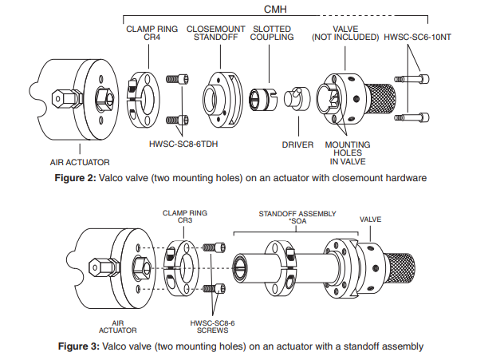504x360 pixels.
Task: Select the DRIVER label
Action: click(297, 145)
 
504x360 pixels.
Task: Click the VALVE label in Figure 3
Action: click(372, 217)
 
